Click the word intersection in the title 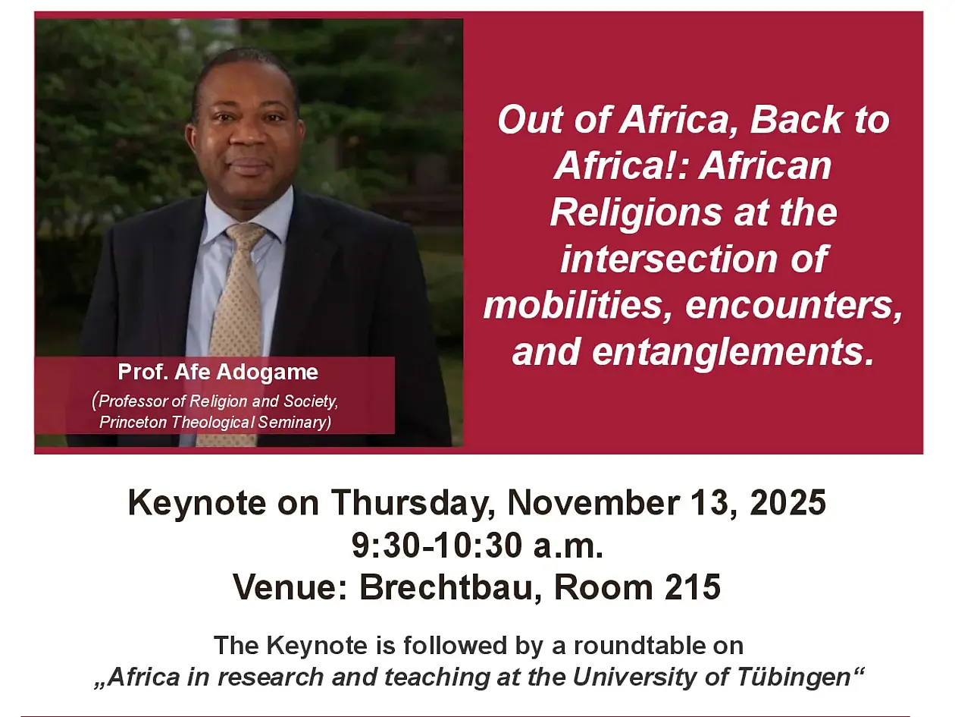click(669, 259)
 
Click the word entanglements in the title click(733, 353)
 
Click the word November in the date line click(593, 502)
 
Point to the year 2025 click(787, 503)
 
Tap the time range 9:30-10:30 click(437, 546)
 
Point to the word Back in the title click(795, 119)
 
